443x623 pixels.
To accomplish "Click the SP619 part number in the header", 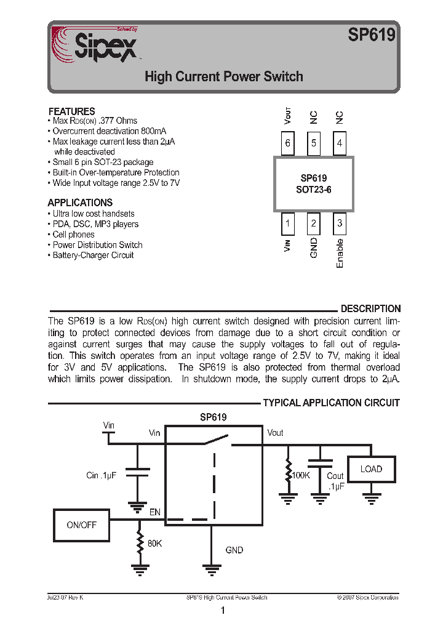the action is pyautogui.click(x=371, y=36).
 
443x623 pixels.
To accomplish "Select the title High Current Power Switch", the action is pyautogui.click(x=224, y=77).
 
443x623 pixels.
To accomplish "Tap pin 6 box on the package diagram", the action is pyautogui.click(x=287, y=144).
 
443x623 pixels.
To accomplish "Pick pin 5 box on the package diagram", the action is pyautogui.click(x=314, y=144).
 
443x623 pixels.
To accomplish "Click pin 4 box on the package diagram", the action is pyautogui.click(x=340, y=144).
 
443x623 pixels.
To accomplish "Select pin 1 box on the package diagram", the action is pyautogui.click(x=287, y=224).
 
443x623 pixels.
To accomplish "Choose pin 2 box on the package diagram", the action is pyautogui.click(x=314, y=224).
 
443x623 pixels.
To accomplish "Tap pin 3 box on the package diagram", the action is pyautogui.click(x=340, y=224).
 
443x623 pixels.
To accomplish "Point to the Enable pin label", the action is pyautogui.click(x=340, y=253).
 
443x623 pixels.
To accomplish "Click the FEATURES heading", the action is pyautogui.click(x=71, y=111).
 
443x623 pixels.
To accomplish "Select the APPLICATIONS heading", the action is pyautogui.click(x=80, y=203).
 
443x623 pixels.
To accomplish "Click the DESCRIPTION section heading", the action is pyautogui.click(x=370, y=309).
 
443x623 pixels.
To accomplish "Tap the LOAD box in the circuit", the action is pyautogui.click(x=371, y=469).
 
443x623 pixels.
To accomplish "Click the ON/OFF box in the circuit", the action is pyautogui.click(x=81, y=525).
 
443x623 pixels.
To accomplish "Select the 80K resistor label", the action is pyautogui.click(x=154, y=544).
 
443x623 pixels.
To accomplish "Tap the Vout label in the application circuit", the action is pyautogui.click(x=275, y=433).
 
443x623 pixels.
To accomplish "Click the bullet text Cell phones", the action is pyautogui.click(x=73, y=235).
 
